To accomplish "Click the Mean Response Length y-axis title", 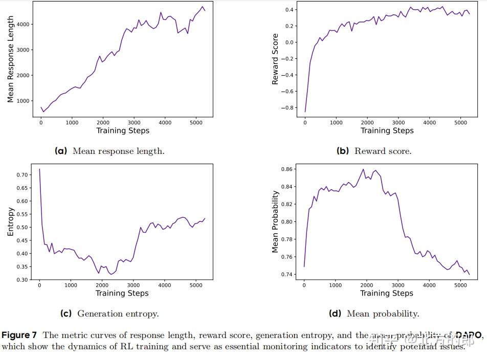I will (x=10, y=59).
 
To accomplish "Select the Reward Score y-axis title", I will (x=275, y=59).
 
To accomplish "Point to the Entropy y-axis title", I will (x=10, y=222).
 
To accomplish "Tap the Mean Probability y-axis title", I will (x=275, y=222).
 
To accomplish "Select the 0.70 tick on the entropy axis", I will (x=22, y=175).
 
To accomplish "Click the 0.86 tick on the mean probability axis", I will (x=287, y=169).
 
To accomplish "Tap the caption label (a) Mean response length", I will (x=109, y=151).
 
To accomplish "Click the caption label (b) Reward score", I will (x=374, y=151).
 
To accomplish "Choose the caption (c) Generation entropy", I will (x=109, y=313).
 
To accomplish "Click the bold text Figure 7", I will (x=19, y=335).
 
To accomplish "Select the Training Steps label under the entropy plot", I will (x=122, y=293).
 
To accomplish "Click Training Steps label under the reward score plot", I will (x=387, y=130).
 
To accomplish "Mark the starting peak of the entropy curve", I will (x=39, y=169).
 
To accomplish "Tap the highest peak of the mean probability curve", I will (x=363, y=169).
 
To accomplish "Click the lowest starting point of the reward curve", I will (x=305, y=112).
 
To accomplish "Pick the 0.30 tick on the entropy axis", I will (x=22, y=280).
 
